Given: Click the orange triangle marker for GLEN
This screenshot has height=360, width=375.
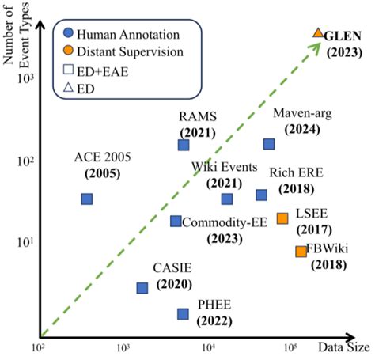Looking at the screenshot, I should pyautogui.click(x=318, y=32).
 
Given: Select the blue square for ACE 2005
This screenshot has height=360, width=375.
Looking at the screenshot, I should pyautogui.click(x=87, y=199).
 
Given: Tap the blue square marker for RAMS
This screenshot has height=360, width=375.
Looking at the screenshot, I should pyautogui.click(x=184, y=145).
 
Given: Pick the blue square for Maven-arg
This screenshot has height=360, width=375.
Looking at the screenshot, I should pyautogui.click(x=269, y=144).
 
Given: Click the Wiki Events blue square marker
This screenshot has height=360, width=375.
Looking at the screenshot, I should pyautogui.click(x=227, y=199).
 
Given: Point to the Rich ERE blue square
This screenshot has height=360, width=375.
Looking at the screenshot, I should pyautogui.click(x=262, y=195).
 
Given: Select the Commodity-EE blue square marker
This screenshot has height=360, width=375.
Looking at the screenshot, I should pyautogui.click(x=176, y=221).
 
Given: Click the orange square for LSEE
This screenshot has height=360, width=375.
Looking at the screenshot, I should pyautogui.click(x=282, y=218).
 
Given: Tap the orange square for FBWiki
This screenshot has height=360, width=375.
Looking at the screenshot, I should pyautogui.click(x=301, y=252).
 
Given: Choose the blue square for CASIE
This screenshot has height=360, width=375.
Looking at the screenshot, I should pyautogui.click(x=142, y=287).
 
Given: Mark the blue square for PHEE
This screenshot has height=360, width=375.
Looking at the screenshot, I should pyautogui.click(x=184, y=314).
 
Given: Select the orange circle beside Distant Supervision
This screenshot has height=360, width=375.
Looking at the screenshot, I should pyautogui.click(x=69, y=52).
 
